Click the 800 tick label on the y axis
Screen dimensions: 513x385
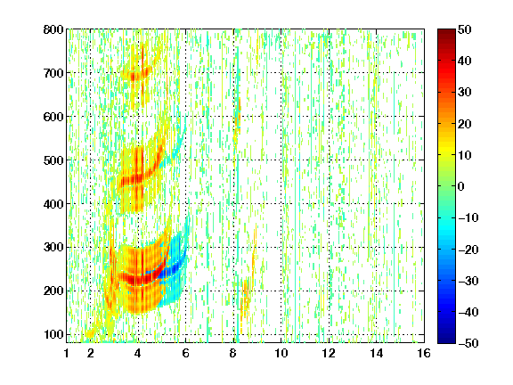tap(53, 29)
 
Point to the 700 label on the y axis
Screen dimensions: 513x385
tap(53, 73)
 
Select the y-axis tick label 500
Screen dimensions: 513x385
tap(53, 160)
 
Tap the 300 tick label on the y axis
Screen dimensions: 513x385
tap(53, 248)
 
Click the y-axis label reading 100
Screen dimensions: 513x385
tap(53, 334)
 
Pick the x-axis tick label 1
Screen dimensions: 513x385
tap(67, 353)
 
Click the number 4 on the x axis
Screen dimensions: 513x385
tap(138, 353)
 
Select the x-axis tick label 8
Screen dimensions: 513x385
tap(233, 353)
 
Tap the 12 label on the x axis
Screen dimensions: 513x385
tap(329, 353)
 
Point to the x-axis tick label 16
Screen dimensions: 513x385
tap(424, 353)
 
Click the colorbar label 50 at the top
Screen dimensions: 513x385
tap(464, 29)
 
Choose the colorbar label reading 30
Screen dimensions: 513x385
tap(464, 93)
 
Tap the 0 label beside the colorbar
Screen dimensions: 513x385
tap(461, 186)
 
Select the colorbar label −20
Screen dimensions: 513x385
tap(468, 250)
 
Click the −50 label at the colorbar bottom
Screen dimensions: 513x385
tap(468, 343)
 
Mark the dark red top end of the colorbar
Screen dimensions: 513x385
tap(446, 31)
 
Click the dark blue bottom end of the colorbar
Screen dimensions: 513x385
tap(446, 341)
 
